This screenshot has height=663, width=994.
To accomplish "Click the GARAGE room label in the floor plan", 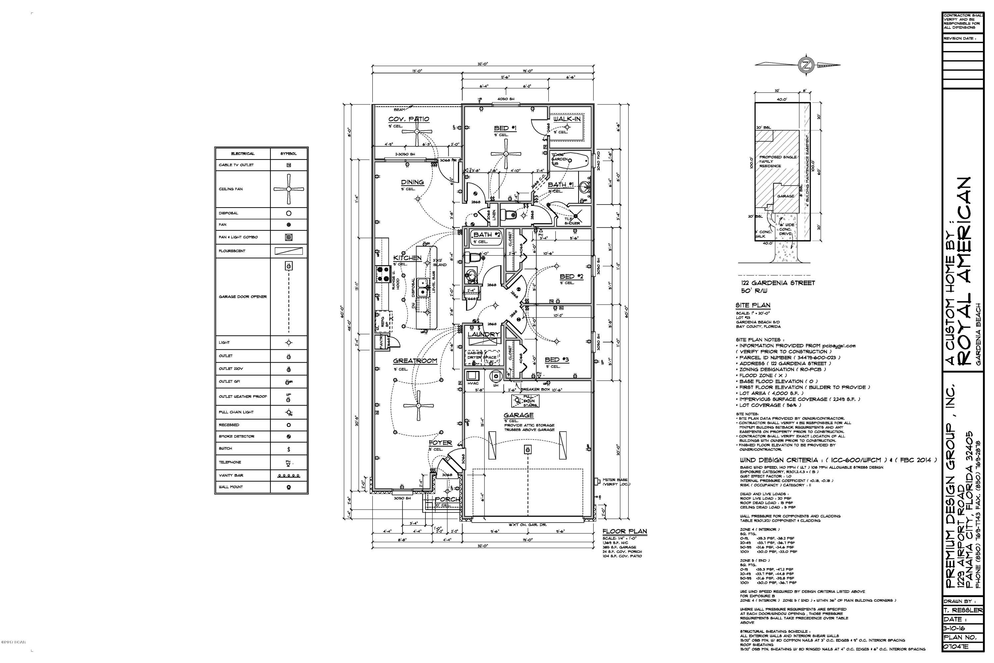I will click(x=519, y=415).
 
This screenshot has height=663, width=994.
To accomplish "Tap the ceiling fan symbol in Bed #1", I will click(x=506, y=154).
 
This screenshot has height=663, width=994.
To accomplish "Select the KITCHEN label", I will click(x=408, y=258).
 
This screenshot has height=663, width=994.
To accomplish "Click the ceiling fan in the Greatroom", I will click(x=417, y=405).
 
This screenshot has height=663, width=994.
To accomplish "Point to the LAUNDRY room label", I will click(x=483, y=334).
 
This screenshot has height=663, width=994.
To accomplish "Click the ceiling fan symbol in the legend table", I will click(x=289, y=189).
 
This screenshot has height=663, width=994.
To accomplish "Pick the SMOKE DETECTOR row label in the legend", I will click(x=237, y=436).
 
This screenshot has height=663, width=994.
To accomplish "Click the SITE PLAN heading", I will click(x=753, y=305).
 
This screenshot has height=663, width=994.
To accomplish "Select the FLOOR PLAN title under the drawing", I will click(x=625, y=531).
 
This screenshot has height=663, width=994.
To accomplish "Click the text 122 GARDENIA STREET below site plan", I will click(x=778, y=283).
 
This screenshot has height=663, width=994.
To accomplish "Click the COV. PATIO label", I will click(x=409, y=119).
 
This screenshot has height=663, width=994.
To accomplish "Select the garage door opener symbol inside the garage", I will click(x=527, y=450).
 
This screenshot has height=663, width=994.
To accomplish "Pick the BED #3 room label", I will click(x=557, y=360).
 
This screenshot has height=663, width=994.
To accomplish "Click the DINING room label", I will click(x=412, y=182).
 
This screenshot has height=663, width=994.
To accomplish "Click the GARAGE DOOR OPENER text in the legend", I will click(x=243, y=297).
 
